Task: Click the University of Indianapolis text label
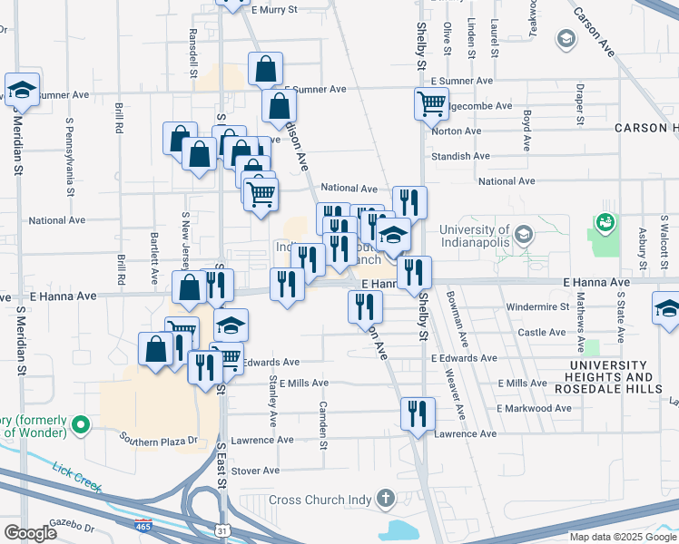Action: (474, 237)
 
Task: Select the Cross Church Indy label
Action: (320, 500)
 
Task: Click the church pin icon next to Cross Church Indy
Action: (386, 499)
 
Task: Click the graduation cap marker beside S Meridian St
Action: (22, 90)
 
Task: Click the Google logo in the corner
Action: (30, 533)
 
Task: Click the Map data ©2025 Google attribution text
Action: (622, 537)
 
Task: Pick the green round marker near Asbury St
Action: (605, 221)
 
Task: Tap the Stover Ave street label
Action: (255, 471)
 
